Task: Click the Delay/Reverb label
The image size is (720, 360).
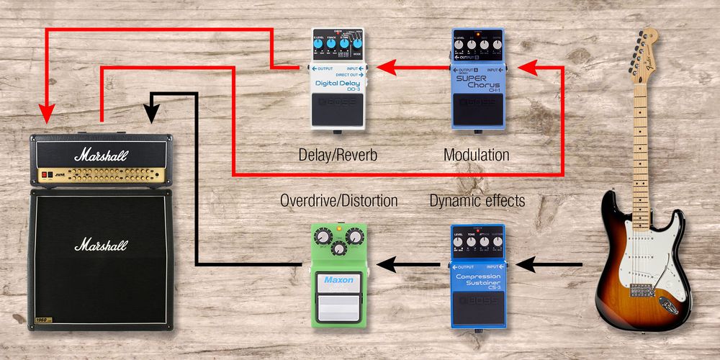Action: [337, 155]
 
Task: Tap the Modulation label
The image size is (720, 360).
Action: [476, 155]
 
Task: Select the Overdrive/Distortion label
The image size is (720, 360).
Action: [338, 201]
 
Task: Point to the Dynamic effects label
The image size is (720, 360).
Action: [477, 201]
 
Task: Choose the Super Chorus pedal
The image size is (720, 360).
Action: [476, 79]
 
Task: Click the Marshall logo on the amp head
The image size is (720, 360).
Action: [100, 154]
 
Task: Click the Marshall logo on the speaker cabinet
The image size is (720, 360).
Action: [100, 244]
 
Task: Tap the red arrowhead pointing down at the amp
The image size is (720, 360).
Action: [47, 114]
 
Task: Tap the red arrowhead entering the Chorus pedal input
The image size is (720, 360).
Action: [528, 68]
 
